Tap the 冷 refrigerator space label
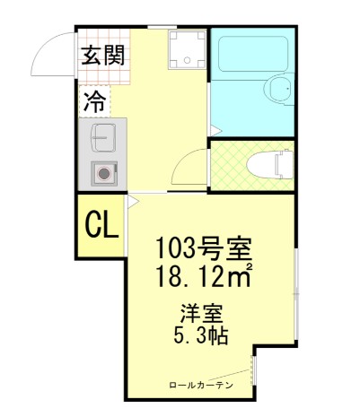[x=92, y=101]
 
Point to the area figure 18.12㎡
[x=203, y=275]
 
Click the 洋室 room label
[x=200, y=316]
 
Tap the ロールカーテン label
[x=201, y=385]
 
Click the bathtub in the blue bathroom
[x=251, y=58]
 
